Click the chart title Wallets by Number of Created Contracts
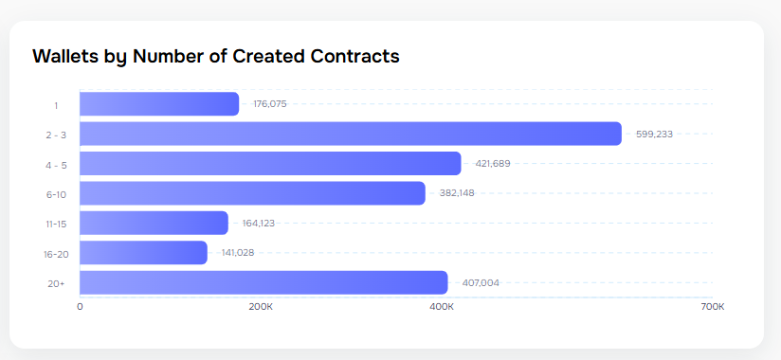216,56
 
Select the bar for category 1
159,104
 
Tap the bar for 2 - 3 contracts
350,134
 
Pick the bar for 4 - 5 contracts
270,164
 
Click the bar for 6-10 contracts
252,193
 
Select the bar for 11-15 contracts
154,223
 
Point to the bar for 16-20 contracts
143,253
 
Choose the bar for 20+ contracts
263,282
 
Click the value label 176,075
270,104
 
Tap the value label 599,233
654,134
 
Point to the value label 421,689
493,164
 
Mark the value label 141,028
238,253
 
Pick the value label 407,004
481,282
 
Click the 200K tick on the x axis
261,307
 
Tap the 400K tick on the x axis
442,307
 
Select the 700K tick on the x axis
713,307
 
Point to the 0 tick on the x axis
80,307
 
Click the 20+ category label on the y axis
57,283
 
